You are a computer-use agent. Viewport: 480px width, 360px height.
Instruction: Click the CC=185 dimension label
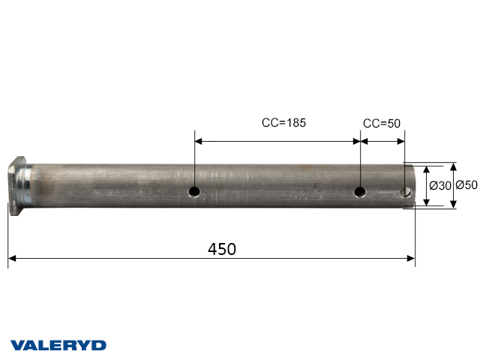tap(283, 122)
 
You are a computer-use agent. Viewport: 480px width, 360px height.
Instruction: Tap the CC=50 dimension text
tap(382, 123)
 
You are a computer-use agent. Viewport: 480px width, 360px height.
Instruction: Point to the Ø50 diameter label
tap(467, 185)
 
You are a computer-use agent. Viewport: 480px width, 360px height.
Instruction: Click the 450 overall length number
tap(221, 249)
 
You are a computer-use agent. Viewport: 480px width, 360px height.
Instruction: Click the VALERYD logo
tap(58, 346)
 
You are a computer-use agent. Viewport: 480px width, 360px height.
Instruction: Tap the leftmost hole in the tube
tap(194, 192)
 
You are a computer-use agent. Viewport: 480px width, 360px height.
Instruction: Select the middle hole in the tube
tap(361, 192)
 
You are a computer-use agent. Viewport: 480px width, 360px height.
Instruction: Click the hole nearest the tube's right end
tap(406, 192)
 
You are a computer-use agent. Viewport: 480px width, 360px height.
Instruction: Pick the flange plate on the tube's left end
tap(16, 187)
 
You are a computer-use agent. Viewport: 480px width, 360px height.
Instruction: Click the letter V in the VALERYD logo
tap(16, 346)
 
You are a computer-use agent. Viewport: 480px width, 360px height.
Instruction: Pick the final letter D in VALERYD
tap(99, 346)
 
